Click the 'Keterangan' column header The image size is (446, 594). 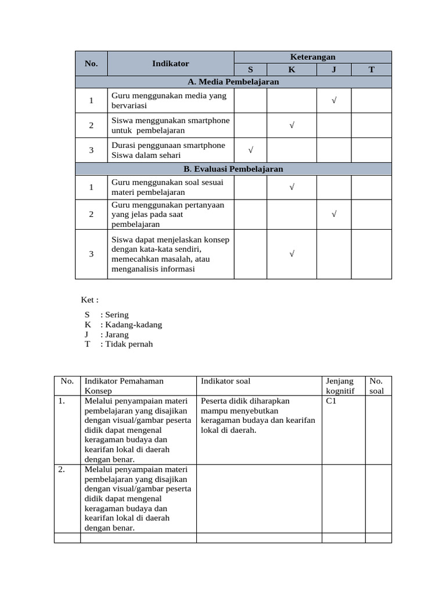pyautogui.click(x=312, y=57)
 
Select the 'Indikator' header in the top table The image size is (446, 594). pyautogui.click(x=170, y=63)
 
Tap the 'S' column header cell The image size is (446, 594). pyautogui.click(x=250, y=70)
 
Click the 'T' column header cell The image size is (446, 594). pyautogui.click(x=371, y=70)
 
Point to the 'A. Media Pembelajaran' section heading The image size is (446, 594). pyautogui.click(x=233, y=82)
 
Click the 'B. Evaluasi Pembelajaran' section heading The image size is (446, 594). pyautogui.click(x=233, y=169)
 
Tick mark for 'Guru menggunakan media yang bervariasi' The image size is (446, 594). pyautogui.click(x=334, y=101)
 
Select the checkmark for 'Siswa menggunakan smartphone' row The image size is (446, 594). pyautogui.click(x=292, y=125)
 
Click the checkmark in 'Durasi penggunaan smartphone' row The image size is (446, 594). pyautogui.click(x=250, y=150)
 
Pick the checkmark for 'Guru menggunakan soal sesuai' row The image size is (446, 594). pyautogui.click(x=292, y=187)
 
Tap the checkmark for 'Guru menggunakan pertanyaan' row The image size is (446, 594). pyautogui.click(x=334, y=214)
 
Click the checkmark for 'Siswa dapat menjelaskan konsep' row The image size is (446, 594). pyautogui.click(x=292, y=253)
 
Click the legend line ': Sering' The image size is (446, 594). pyautogui.click(x=114, y=315)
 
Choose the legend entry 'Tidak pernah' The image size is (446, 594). pyautogui.click(x=127, y=344)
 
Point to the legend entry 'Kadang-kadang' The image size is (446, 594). pyautogui.click(x=131, y=325)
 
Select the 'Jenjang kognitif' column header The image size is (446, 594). pyautogui.click(x=340, y=386)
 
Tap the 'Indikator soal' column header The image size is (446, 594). pyautogui.click(x=226, y=381)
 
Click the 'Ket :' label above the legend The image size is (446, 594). pyautogui.click(x=90, y=300)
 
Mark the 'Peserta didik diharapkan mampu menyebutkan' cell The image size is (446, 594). pyautogui.click(x=258, y=415)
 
